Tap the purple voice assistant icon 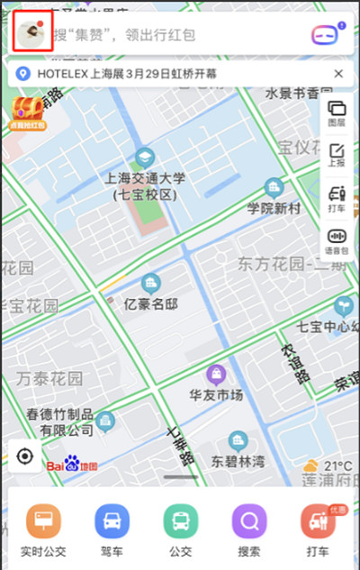325,35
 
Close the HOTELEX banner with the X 338,73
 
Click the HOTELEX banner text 171,73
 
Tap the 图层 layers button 337,113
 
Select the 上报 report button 337,155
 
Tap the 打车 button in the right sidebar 337,197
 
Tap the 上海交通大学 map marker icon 144,158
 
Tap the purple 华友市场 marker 216,374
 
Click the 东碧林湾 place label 238,461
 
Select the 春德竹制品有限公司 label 59,421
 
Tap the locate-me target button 25,457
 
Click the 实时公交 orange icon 42,521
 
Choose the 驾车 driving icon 112,521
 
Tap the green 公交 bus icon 180,521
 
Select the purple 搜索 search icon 249,521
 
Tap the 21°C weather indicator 328,466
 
